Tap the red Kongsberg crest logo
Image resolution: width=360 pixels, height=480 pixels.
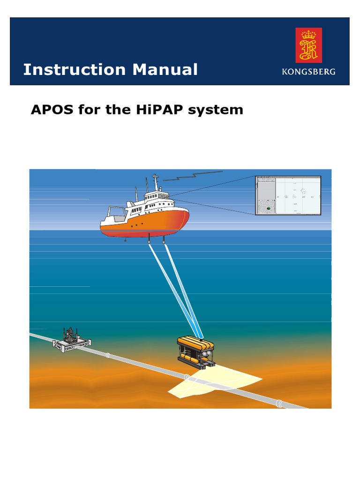pyautogui.click(x=308, y=45)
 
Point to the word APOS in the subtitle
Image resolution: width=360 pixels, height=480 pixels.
pyautogui.click(x=50, y=110)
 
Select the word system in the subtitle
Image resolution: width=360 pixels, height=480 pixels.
pyautogui.click(x=220, y=110)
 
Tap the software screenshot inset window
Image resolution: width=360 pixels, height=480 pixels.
pyautogui.click(x=288, y=195)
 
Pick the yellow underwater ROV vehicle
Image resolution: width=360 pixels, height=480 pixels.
pyautogui.click(x=196, y=352)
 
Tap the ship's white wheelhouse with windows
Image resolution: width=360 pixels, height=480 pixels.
pyautogui.click(x=157, y=197)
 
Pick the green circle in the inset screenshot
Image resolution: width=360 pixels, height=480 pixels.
pyautogui.click(x=269, y=208)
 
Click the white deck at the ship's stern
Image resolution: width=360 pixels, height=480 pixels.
pyautogui.click(x=115, y=216)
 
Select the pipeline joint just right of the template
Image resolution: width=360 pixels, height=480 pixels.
pyautogui.click(x=108, y=355)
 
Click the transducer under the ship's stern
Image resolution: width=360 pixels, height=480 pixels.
pyautogui.click(x=126, y=240)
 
